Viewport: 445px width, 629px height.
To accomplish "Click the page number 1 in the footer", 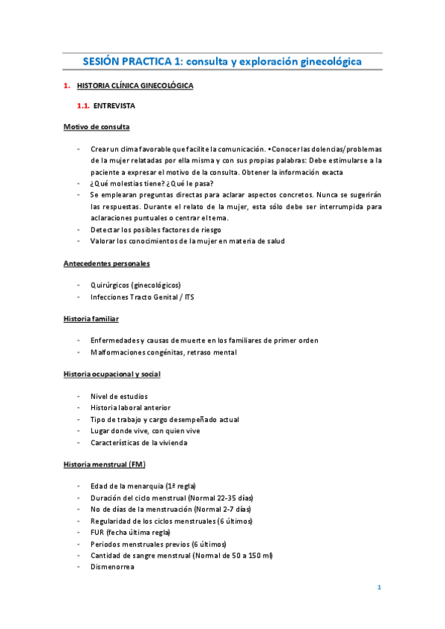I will pyautogui.click(x=379, y=588).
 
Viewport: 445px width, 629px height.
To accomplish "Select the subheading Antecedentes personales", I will pyautogui.click(x=106, y=263).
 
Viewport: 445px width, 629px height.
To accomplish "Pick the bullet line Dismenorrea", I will pyautogui.click(x=113, y=566).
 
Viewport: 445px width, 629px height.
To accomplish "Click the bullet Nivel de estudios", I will pyautogui.click(x=119, y=397).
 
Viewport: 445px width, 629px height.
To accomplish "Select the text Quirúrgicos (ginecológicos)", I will pyautogui.click(x=135, y=286).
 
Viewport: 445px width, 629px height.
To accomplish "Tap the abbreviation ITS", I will pyautogui.click(x=209, y=297).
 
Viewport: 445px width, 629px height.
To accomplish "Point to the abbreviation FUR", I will pyautogui.click(x=97, y=533).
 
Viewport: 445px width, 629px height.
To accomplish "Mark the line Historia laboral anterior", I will pyautogui.click(x=130, y=408).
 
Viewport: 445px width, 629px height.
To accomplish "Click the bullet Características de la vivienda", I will pyautogui.click(x=139, y=442).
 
